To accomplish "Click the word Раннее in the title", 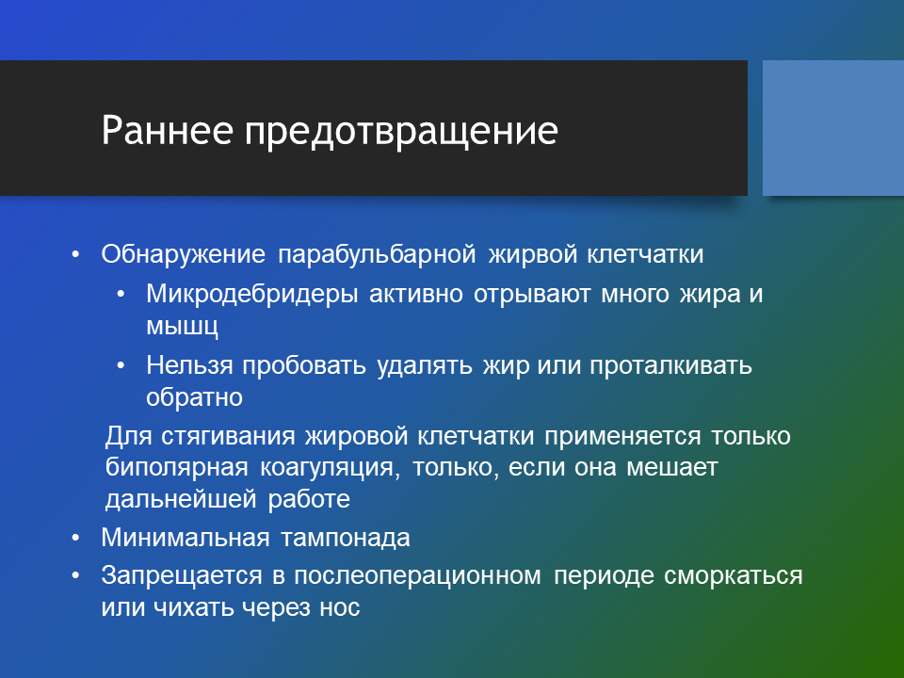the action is [x=168, y=130].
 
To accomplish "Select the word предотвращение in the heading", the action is [x=401, y=133].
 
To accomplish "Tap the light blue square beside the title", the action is [x=833, y=128].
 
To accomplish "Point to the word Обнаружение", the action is [x=184, y=254].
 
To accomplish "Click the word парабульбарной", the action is [x=377, y=254].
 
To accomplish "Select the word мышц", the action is [x=182, y=327].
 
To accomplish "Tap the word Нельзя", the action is [x=189, y=365].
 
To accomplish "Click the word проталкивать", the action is [x=670, y=365].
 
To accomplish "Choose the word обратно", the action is [x=194, y=397].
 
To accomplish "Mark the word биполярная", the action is [x=176, y=468].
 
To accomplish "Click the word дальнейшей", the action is [x=181, y=499].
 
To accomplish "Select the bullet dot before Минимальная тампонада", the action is [x=75, y=539].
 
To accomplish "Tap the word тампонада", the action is [x=346, y=539].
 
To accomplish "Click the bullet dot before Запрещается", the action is [x=75, y=576].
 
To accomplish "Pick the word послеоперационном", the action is [x=417, y=576].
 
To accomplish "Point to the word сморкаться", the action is [x=734, y=576].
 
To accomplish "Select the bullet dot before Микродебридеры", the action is [x=121, y=295].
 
